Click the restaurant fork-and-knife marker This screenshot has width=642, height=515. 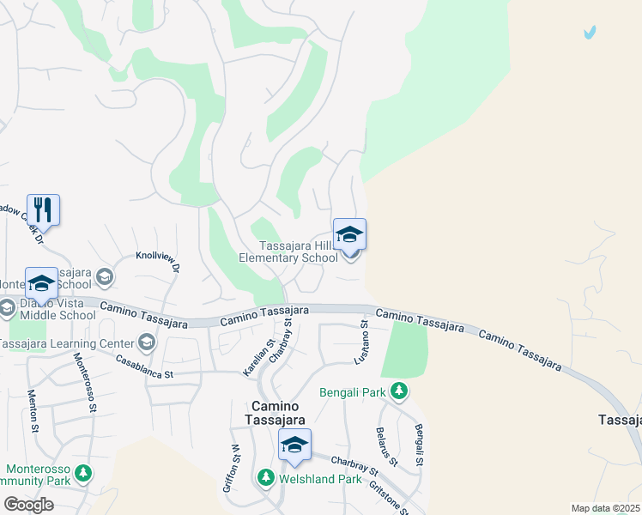pyautogui.click(x=43, y=209)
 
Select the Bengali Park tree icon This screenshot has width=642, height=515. pyautogui.click(x=398, y=391)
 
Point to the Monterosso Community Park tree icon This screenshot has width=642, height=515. pyautogui.click(x=82, y=473)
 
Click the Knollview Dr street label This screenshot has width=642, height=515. pyautogui.click(x=157, y=261)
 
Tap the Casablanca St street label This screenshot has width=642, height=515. pyautogui.click(x=144, y=368)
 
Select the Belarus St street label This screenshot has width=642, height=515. pyautogui.click(x=383, y=446)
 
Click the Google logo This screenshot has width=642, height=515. pyautogui.click(x=27, y=505)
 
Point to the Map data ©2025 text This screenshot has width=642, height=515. pyautogui.click(x=605, y=508)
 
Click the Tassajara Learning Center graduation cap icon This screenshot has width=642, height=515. pyautogui.click(x=146, y=343)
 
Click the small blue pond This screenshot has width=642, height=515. pyautogui.click(x=589, y=33)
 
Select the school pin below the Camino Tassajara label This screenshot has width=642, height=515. pyautogui.click(x=294, y=445)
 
